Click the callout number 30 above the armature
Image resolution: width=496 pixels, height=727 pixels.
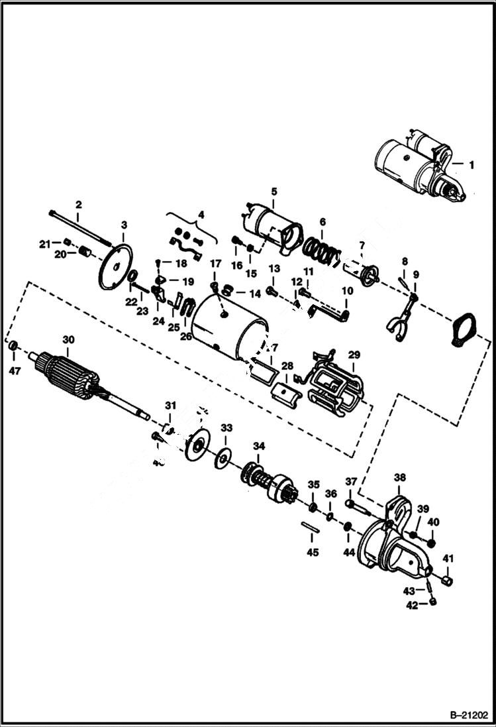pos(69,339)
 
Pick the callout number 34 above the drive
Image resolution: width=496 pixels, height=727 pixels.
pos(258,445)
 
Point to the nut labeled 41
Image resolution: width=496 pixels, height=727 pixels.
pos(446,581)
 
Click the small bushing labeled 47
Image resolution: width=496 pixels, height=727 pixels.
pos(13,347)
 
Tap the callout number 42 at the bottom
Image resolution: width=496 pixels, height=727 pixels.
pos(412,605)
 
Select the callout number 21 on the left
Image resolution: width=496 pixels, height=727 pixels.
pos(44,244)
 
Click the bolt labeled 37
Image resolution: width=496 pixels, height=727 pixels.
pos(357,506)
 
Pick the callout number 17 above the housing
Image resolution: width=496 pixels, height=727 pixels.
pos(215,263)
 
